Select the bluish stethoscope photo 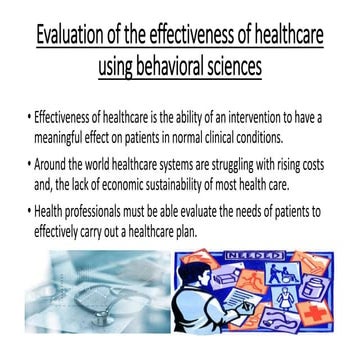pos(90,290)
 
